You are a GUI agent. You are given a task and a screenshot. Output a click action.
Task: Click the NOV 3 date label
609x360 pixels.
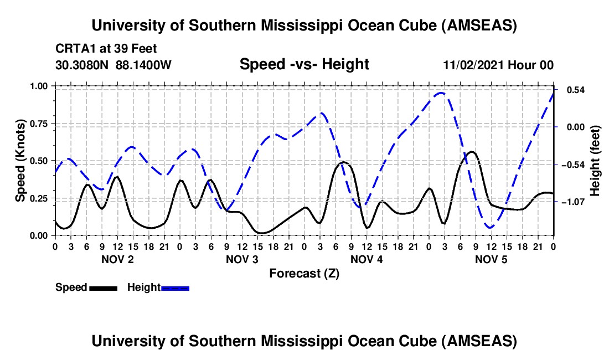242,259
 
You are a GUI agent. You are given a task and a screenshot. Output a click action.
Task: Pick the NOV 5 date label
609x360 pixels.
492,259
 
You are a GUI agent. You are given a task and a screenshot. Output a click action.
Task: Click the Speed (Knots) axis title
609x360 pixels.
20,160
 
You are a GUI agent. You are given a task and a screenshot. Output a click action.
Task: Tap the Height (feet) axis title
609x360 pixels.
595,160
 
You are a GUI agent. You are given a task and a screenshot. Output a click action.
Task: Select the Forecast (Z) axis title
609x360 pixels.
304,273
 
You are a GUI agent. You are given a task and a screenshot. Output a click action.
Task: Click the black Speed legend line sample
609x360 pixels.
102,288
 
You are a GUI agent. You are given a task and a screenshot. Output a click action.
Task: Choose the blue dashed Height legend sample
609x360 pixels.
175,288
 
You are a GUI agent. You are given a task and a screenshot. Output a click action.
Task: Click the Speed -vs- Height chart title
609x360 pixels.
304,64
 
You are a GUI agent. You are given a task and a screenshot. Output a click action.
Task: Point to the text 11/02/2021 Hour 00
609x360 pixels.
498,65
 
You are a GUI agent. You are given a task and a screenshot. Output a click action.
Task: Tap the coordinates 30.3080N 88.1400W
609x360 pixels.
113,65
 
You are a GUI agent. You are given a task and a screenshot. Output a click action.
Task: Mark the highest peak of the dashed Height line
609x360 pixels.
441,92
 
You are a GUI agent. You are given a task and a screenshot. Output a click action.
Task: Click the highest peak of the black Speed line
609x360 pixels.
472,151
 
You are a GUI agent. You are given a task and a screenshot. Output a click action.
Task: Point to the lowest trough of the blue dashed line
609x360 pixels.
489,228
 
